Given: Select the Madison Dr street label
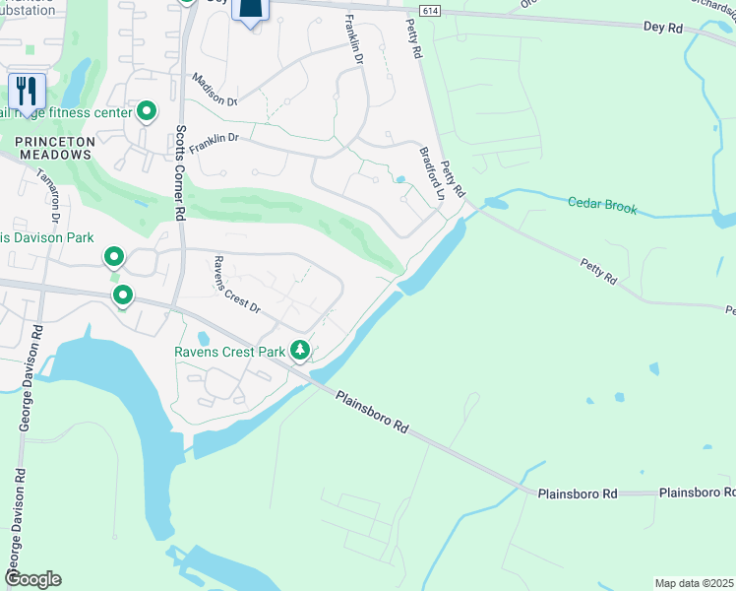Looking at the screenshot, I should point(215,90).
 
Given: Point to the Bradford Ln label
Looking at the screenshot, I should point(432,174).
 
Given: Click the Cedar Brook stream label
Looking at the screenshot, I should point(602,207).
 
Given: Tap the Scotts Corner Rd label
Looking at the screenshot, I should point(180,171).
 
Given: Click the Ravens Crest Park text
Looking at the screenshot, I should point(228,352).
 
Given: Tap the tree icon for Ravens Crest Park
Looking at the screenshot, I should point(299,350).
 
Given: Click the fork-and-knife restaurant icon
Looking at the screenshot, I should point(27,92).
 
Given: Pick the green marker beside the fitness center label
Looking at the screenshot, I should point(147,112).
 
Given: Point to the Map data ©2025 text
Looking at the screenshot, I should point(694,583).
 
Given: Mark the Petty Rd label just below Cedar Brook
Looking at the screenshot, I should point(596,272).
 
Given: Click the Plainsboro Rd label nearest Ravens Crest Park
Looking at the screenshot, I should point(371,412).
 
